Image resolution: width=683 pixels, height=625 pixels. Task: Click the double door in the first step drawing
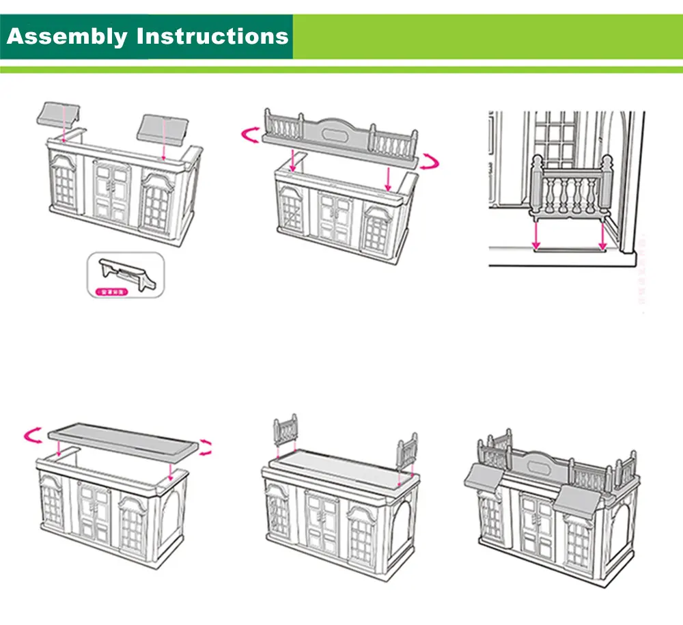(x=112, y=195)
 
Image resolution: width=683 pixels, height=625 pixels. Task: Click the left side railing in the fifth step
(x=286, y=431)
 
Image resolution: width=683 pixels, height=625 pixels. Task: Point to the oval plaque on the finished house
(x=540, y=464)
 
